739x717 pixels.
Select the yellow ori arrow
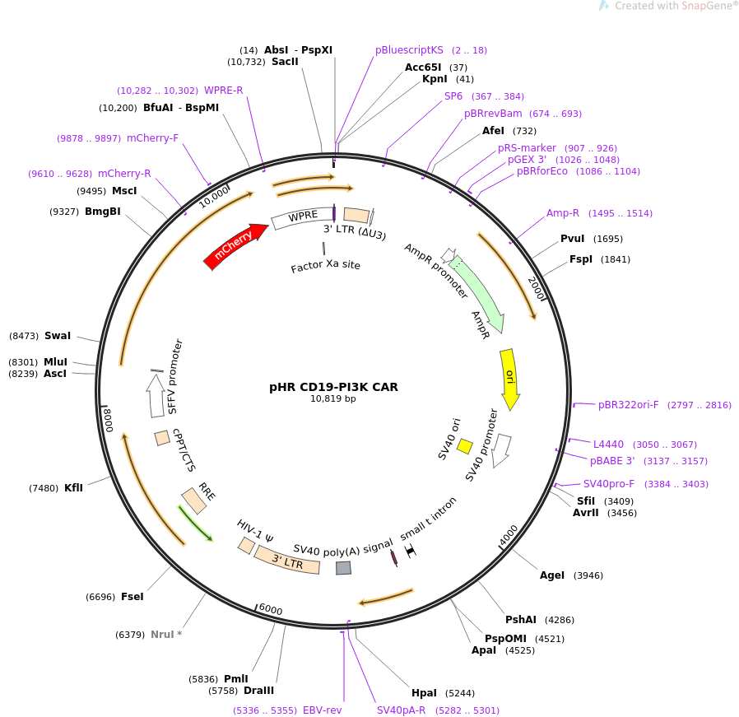[509, 378]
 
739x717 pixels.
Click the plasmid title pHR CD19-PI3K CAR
[333, 387]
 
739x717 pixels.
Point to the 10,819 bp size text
[333, 399]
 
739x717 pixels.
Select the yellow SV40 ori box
[465, 446]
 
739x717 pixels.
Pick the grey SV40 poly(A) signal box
[344, 567]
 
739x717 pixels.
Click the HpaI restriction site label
[424, 693]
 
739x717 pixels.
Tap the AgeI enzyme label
[552, 575]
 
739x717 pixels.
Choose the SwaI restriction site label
[58, 336]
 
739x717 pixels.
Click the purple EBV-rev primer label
[323, 710]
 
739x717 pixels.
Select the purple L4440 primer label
[609, 445]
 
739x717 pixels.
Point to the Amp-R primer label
[563, 213]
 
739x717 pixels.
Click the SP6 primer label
[453, 96]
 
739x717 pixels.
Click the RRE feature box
[194, 500]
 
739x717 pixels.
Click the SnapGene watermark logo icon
[604, 6]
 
